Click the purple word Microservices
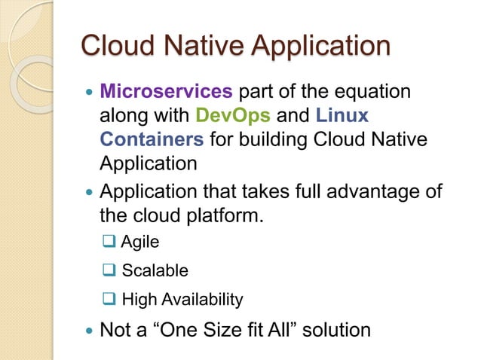(x=167, y=93)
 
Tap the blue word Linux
(x=343, y=116)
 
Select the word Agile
(x=140, y=243)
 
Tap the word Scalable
(x=155, y=270)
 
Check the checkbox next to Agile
(x=109, y=243)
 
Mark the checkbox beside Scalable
(x=109, y=270)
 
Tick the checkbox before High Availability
(x=109, y=299)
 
